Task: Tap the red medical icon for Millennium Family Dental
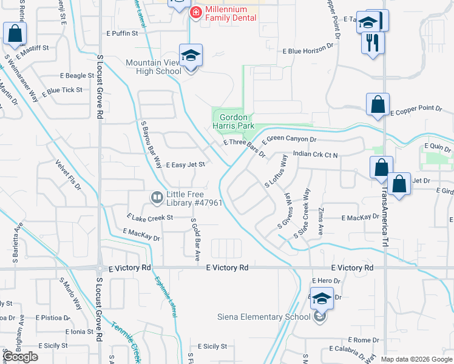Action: (196, 13)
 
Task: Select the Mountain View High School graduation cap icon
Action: (191, 56)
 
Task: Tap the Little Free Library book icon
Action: (157, 198)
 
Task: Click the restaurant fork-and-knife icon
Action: (373, 42)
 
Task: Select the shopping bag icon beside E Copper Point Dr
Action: (378, 104)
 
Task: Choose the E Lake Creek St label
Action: (150, 217)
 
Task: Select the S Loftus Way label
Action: (276, 170)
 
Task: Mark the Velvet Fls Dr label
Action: (68, 175)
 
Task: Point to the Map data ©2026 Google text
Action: (416, 359)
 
